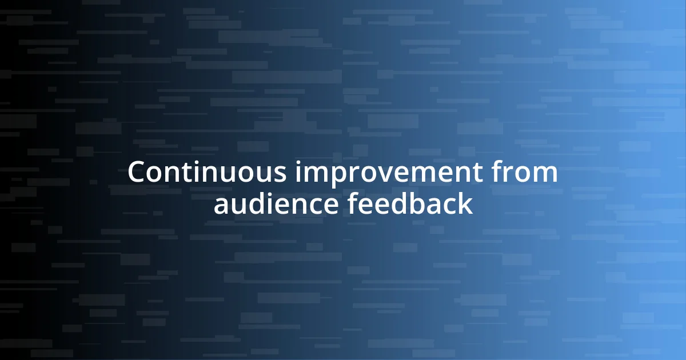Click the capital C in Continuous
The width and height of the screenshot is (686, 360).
pos(137,173)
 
